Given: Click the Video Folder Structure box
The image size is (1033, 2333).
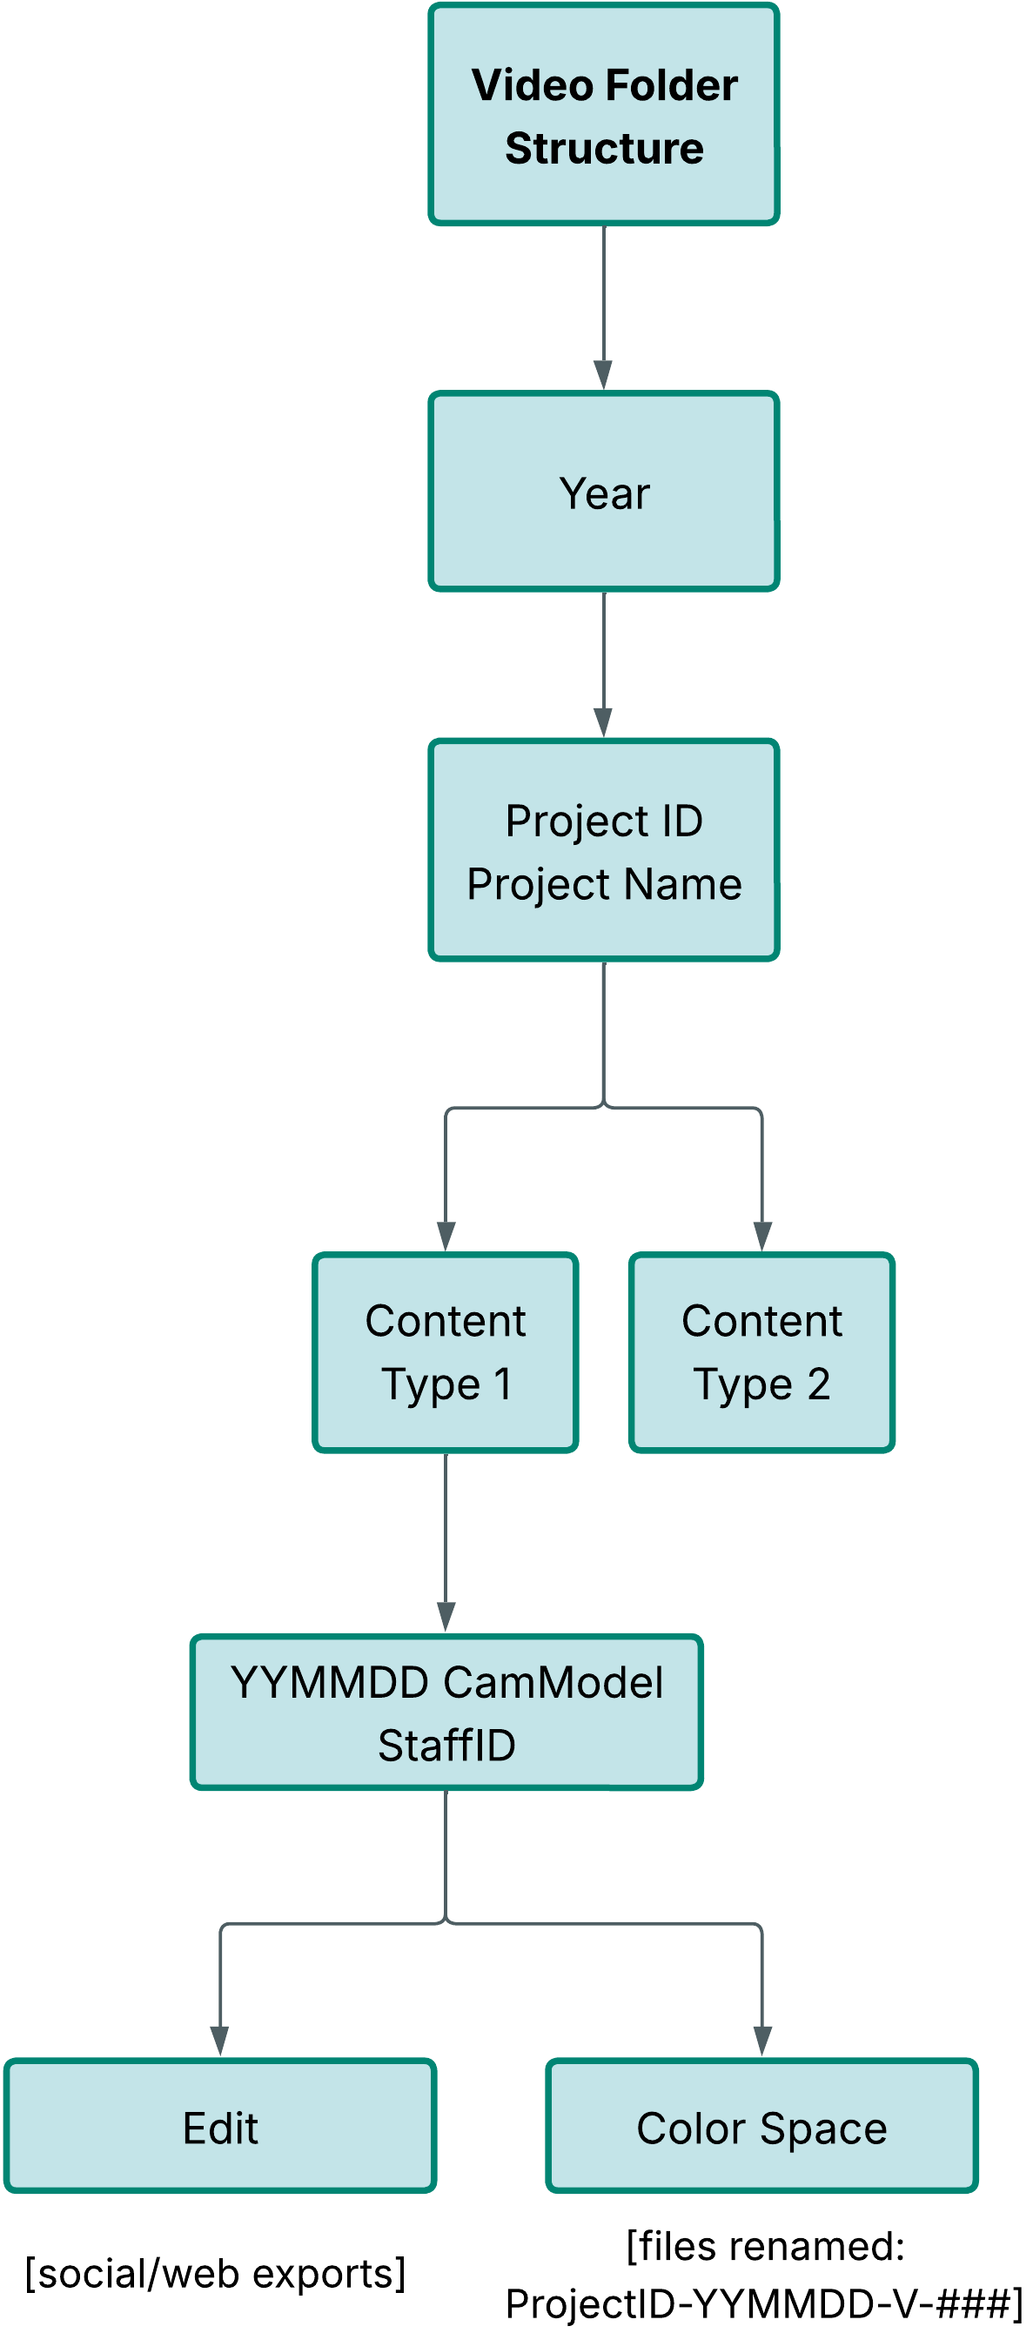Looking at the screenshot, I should [x=604, y=114].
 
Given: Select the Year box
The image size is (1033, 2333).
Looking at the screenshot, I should [x=604, y=492].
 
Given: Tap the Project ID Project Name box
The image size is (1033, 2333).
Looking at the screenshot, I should [x=604, y=850].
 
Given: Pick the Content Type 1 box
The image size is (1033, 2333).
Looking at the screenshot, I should [x=446, y=1352].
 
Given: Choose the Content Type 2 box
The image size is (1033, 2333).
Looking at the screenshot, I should [x=761, y=1352].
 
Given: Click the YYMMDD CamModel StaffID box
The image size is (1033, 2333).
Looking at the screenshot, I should [x=446, y=1712].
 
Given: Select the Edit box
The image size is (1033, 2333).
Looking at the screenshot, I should [x=220, y=2127].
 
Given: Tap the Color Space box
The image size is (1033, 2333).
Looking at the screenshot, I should [x=761, y=2127].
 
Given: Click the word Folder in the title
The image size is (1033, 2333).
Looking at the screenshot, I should [x=671, y=85].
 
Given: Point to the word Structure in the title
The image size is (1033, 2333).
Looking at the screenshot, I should [x=604, y=148].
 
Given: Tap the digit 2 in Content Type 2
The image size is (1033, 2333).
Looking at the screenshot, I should [x=818, y=1384].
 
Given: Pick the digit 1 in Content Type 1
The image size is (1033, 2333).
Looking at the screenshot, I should [x=502, y=1384].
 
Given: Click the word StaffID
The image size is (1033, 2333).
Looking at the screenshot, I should [x=446, y=1745].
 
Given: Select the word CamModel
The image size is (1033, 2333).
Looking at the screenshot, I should [x=553, y=1682].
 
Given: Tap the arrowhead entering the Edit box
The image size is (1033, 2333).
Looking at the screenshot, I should [x=220, y=2042].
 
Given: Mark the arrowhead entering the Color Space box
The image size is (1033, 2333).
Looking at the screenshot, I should [x=762, y=2042].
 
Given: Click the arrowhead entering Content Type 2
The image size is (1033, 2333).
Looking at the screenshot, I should [x=762, y=1237].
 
